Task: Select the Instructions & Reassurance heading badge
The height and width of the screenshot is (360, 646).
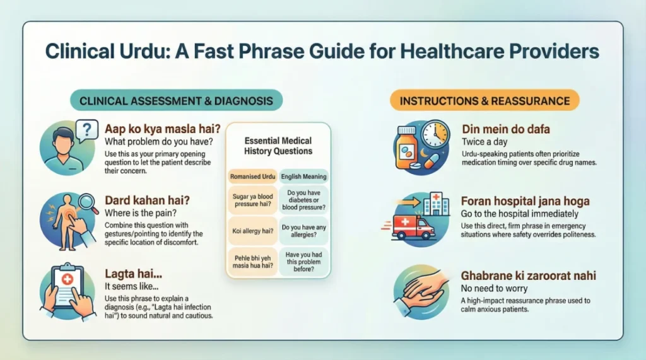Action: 485,100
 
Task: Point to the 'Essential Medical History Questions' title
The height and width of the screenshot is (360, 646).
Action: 278,146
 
